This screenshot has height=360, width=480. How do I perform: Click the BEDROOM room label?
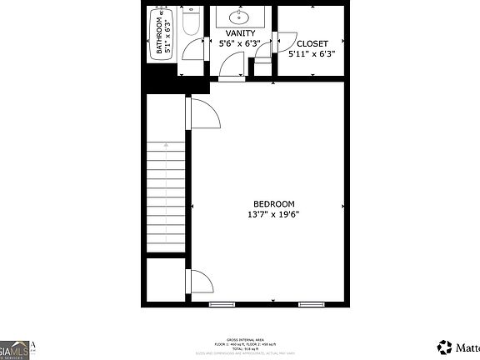pyautogui.click(x=273, y=204)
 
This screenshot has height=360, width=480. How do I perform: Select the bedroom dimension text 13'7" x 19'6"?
pyautogui.click(x=273, y=214)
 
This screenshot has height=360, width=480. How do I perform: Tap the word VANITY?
pyautogui.click(x=240, y=33)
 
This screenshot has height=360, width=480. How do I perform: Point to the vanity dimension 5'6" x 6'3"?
pyautogui.click(x=240, y=43)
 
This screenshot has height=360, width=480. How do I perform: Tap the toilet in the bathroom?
pyautogui.click(x=190, y=23)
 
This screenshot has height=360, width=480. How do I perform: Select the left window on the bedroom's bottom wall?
pyautogui.click(x=222, y=304)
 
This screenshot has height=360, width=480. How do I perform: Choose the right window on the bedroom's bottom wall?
pyautogui.click(x=311, y=304)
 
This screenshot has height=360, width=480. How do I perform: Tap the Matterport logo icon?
pyautogui.click(x=443, y=347)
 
